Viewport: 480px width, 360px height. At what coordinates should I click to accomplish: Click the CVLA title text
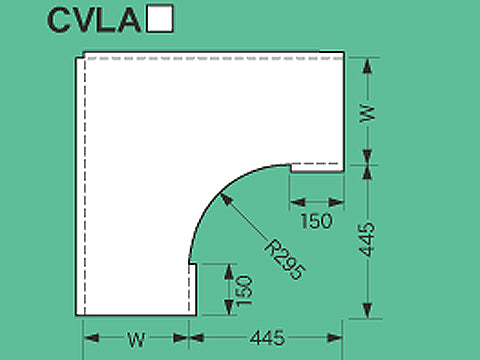[x=92, y=20]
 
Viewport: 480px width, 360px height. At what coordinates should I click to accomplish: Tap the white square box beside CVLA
[x=160, y=20]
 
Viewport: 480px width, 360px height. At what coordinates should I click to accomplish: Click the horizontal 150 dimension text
[x=316, y=221]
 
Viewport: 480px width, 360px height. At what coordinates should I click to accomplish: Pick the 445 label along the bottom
[x=264, y=338]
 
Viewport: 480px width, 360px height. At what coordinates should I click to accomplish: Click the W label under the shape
[x=136, y=338]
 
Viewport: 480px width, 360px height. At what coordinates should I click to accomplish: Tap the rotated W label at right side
[x=367, y=112]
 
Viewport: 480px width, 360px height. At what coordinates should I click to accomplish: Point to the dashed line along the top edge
[x=210, y=59]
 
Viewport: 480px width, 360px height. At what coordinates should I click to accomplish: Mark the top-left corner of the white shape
[x=80, y=55]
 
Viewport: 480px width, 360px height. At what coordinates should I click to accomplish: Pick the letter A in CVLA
[x=127, y=20]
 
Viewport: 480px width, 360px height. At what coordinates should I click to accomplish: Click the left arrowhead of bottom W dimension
[x=86, y=337]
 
